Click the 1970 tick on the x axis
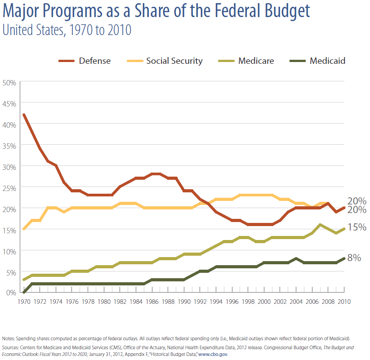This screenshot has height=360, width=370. click(x=23, y=302)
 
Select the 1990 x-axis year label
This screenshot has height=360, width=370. click(x=184, y=302)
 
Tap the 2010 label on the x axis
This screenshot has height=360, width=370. click(x=344, y=302)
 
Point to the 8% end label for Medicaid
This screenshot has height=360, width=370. click(x=355, y=258)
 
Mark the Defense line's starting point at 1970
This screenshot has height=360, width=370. click(x=23, y=115)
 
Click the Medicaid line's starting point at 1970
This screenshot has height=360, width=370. click(x=23, y=292)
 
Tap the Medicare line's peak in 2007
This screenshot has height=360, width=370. click(x=320, y=225)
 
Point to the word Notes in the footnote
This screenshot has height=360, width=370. click(x=8, y=338)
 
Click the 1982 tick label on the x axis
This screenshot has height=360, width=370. click(x=120, y=302)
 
